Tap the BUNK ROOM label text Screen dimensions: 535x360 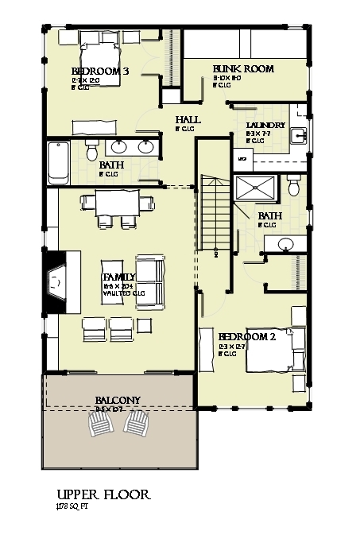pyautogui.click(x=243, y=69)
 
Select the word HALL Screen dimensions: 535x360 pyautogui.click(x=188, y=119)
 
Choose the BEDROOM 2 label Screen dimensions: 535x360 pyautogui.click(x=246, y=336)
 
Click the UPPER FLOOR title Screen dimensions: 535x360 pyautogui.click(x=103, y=494)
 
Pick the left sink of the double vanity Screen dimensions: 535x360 pyautogui.click(x=118, y=147)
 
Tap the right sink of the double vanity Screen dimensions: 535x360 pyautogui.click(x=146, y=147)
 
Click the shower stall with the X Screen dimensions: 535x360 pyautogui.click(x=254, y=191)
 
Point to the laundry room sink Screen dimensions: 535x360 pyautogui.click(x=298, y=134)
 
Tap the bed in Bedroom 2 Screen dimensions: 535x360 pyautogui.click(x=275, y=350)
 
